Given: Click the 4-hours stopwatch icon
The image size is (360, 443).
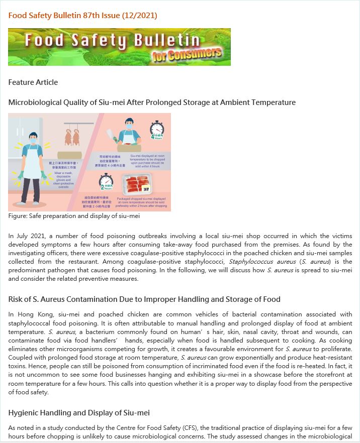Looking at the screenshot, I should pyautogui.click(x=157, y=128).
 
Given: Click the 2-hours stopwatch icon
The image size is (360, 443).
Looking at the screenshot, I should pyautogui.click(x=106, y=180).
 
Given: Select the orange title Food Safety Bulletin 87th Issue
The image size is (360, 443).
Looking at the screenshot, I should pyautogui.click(x=82, y=16).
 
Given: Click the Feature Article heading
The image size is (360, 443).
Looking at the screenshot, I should pyautogui.click(x=33, y=82).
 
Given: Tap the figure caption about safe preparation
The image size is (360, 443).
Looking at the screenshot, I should pyautogui.click(x=74, y=216).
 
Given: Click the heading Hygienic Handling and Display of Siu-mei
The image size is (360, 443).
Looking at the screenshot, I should pyautogui.click(x=79, y=413).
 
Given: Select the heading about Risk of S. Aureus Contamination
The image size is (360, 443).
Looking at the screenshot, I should pyautogui.click(x=144, y=299).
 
